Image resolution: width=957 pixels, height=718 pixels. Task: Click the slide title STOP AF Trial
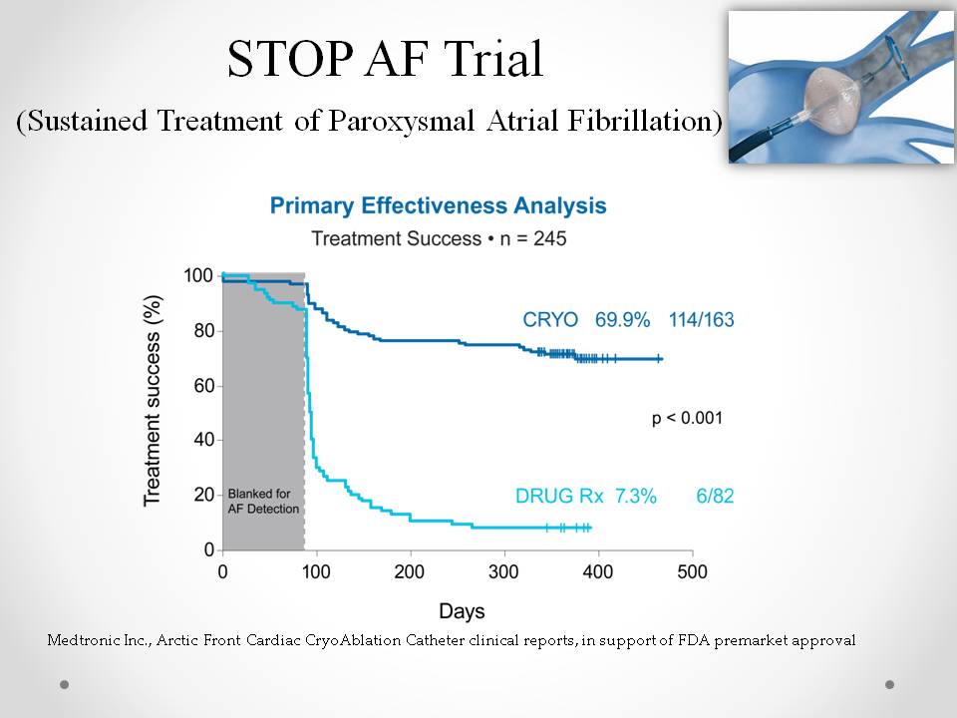(385, 60)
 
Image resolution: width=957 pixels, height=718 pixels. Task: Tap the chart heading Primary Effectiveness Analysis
(438, 206)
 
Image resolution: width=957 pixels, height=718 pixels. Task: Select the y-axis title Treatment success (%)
(153, 399)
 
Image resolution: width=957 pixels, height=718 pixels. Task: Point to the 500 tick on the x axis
(692, 571)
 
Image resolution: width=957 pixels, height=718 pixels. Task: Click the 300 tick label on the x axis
(504, 571)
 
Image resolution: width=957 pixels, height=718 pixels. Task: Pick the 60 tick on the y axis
(202, 385)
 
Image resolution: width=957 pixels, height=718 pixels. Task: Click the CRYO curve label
(549, 320)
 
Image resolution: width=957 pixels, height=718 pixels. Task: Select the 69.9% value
(623, 320)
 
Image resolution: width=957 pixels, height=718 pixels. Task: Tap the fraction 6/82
(715, 495)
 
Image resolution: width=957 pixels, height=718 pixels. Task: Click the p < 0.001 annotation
(687, 418)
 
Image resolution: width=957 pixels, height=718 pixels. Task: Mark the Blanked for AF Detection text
(263, 501)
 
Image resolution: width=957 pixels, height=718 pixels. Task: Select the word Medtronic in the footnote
(83, 640)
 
